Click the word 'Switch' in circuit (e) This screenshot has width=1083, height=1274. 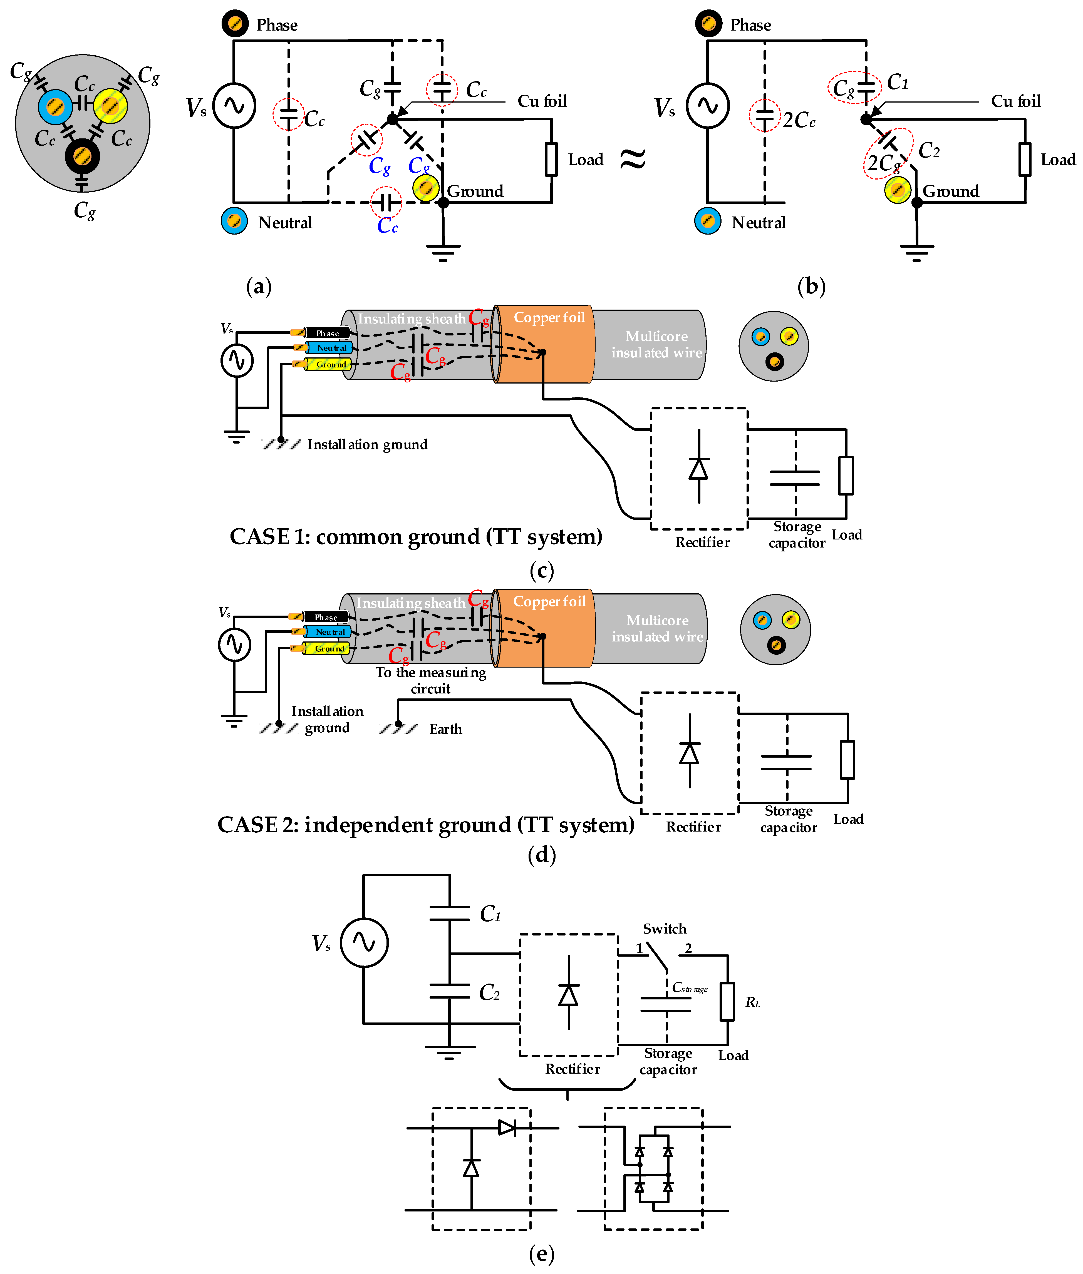coord(664,929)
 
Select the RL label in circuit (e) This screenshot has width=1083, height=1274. coord(752,1002)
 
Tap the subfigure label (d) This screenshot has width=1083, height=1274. coord(542,855)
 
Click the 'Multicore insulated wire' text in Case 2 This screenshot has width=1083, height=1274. coord(657,628)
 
